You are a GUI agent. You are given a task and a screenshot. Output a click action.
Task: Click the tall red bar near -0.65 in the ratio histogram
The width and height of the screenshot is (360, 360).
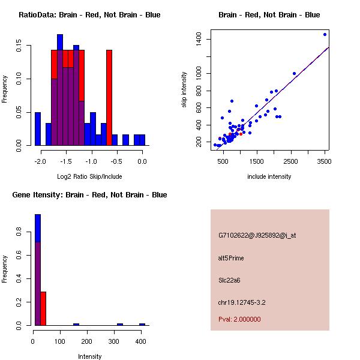[x=109, y=96]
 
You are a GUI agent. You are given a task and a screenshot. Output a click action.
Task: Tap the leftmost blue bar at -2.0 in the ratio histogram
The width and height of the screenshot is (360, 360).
[x=38, y=128]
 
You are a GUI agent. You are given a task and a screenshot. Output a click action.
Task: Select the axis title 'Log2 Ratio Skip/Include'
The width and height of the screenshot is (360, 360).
[x=89, y=176]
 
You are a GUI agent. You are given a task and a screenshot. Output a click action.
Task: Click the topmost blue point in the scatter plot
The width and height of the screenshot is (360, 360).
[x=325, y=34]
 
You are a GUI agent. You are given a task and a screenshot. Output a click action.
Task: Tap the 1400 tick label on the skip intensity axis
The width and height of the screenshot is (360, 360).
[x=199, y=40]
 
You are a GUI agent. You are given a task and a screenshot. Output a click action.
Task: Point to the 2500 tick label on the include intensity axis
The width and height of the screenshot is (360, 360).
[x=291, y=161]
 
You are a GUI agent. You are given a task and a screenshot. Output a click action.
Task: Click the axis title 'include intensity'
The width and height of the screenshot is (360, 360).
[x=269, y=176]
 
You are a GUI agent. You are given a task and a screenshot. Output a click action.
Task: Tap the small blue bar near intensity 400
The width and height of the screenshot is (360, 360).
[x=142, y=324]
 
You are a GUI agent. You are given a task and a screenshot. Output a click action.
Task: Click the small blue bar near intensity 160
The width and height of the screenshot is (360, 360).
[x=76, y=324]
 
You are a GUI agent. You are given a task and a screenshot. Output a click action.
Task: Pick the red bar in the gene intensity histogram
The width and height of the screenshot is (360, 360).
[x=43, y=308]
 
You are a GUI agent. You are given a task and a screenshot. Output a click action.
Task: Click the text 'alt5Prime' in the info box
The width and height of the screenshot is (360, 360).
[x=231, y=258]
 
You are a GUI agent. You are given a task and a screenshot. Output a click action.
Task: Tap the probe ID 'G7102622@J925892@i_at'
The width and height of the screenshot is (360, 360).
[x=257, y=235]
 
